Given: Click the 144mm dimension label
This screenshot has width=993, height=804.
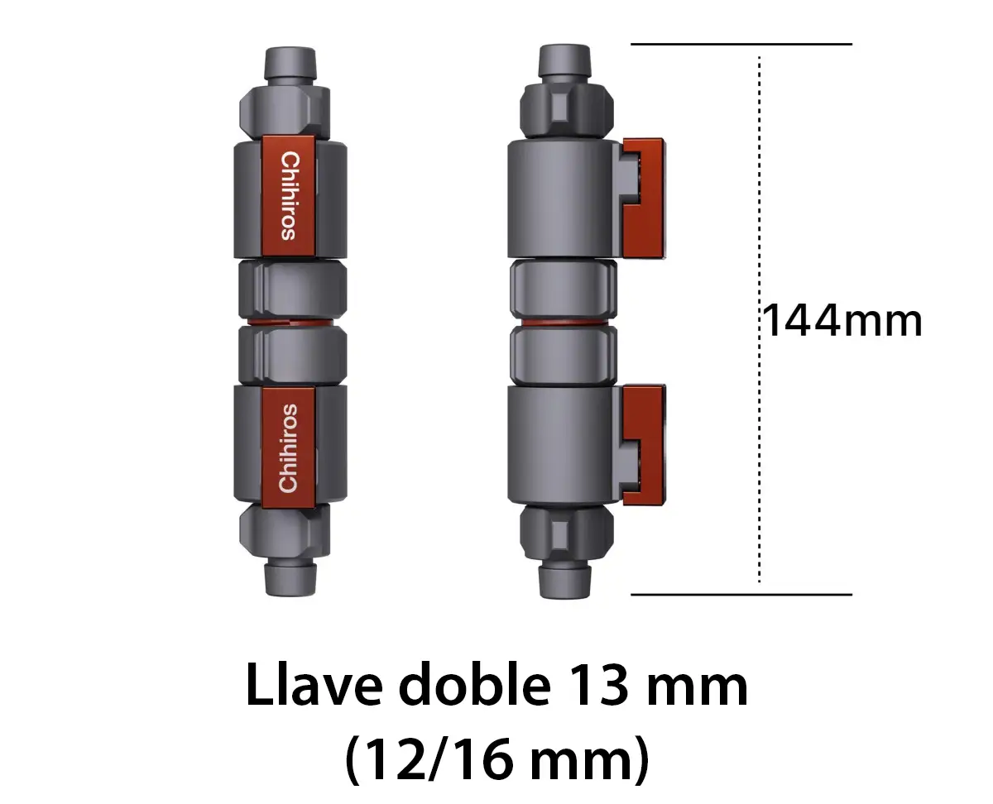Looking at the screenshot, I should [841, 321].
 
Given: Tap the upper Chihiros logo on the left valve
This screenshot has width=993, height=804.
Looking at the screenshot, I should [288, 195].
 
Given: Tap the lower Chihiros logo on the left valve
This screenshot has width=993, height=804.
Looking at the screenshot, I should [288, 447].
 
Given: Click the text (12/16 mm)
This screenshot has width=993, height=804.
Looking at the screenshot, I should [496, 761].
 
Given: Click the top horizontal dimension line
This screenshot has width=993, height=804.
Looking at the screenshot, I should [741, 44].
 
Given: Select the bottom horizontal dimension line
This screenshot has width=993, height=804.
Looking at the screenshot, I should [741, 594].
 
